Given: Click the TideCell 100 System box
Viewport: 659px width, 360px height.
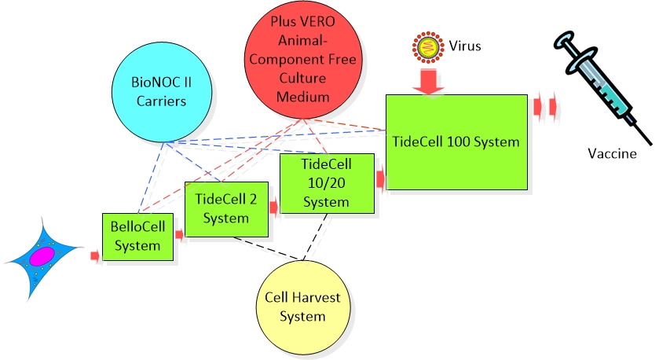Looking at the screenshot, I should (456, 141).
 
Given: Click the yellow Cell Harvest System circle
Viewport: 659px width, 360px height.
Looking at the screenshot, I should (304, 307).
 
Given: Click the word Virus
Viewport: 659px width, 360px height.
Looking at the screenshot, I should (466, 46).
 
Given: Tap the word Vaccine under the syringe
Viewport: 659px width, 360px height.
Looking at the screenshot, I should (612, 153).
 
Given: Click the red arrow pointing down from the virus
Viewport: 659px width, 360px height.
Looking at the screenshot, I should (428, 81).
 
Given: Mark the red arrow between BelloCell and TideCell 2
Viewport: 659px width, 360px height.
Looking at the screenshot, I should (179, 233).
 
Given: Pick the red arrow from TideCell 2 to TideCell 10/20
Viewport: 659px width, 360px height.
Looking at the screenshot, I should (274, 208).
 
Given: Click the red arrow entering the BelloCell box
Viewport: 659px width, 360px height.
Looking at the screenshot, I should (95, 255).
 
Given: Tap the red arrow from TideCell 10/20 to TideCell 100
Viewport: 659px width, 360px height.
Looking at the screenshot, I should (380, 178).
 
